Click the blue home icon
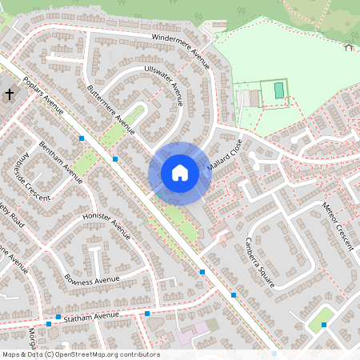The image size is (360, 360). click(180, 173)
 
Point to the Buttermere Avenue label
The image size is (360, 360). click(111, 108)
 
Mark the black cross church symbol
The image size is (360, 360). click(10, 95)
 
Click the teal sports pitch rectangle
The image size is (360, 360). click(278, 90)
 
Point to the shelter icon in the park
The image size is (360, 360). click(349, 47)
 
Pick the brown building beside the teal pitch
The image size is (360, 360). click(255, 98)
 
